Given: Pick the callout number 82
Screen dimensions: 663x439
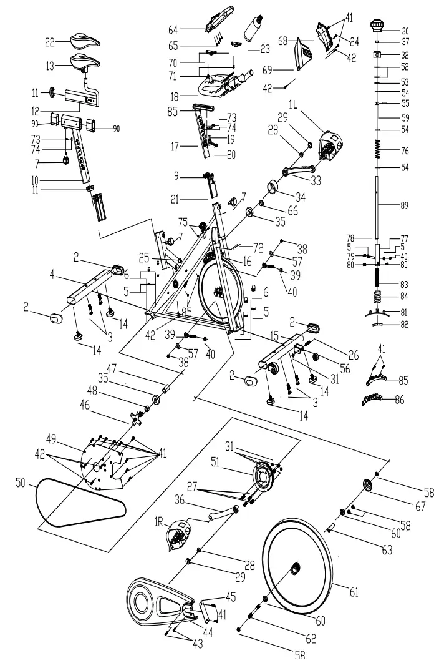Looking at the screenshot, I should pyautogui.click(x=406, y=325).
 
